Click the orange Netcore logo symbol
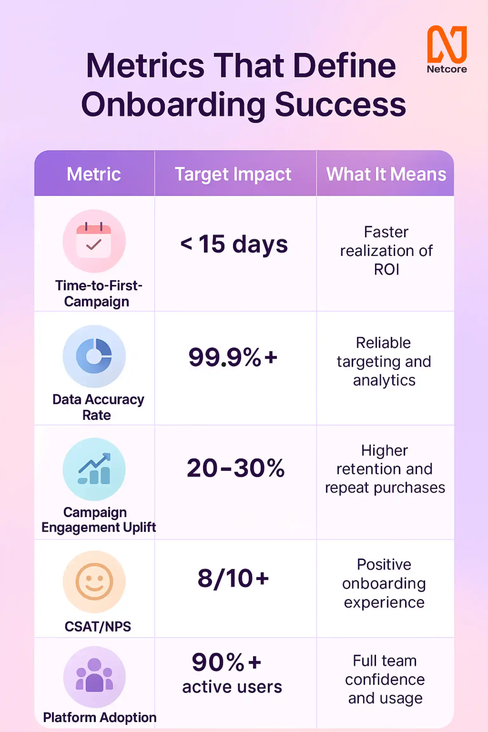447,44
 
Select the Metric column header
94,174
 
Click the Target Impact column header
233,174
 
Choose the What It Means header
386,174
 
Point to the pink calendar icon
94,241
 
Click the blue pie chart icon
94,356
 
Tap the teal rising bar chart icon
94,469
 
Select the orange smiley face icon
94,582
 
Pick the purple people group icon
94,677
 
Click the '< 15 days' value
234,244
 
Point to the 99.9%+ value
233,357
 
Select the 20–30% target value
235,468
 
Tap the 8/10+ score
233,578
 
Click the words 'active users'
232,687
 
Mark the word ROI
386,269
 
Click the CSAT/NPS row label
98,627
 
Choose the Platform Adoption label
100,717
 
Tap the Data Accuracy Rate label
98,407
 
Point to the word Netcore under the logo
447,69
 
